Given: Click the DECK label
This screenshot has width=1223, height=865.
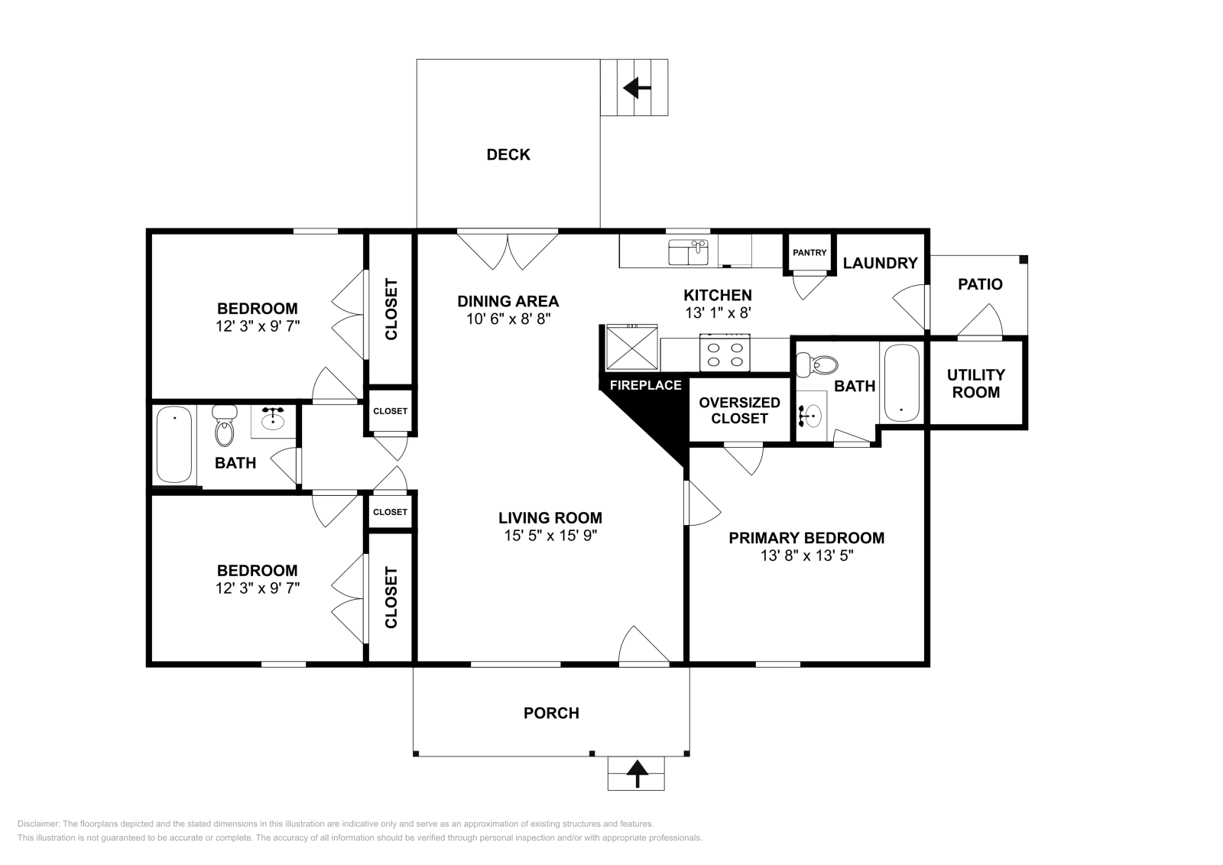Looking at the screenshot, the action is point(508,154).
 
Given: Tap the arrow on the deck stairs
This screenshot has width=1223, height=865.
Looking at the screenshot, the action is point(637,87).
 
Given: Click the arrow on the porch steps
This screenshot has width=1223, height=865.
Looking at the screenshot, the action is point(637,775).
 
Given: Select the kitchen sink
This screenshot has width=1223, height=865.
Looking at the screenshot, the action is point(688,252).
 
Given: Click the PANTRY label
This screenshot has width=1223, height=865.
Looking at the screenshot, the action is point(809,253).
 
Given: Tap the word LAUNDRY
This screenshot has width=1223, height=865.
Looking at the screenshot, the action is point(880,263).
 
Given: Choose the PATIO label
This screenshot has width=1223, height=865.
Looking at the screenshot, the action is point(980,283).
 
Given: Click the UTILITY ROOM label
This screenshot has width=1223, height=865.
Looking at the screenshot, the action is point(976,383).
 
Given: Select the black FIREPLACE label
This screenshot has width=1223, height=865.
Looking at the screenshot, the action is point(645,385).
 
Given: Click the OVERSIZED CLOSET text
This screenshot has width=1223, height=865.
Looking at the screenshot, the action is point(739,410).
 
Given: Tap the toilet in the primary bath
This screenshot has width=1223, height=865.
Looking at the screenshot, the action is point(817,364).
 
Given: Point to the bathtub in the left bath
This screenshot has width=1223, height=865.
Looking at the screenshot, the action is point(174,444).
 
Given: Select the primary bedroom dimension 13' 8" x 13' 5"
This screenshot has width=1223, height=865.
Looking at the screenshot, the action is point(806,556).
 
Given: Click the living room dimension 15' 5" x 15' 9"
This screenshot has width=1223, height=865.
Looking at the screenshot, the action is point(550,536).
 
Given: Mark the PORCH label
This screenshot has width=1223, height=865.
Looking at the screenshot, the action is point(551,713).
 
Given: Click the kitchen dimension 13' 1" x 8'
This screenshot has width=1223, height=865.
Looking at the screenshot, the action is point(718,313).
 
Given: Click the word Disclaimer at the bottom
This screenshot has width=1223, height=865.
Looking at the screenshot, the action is point(37,824).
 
